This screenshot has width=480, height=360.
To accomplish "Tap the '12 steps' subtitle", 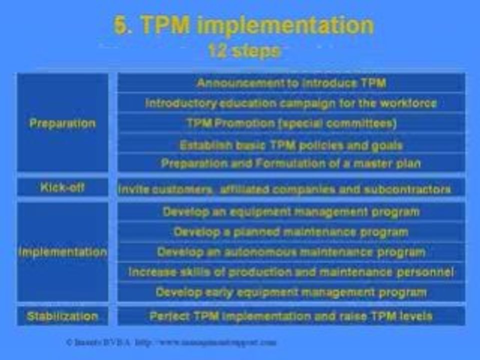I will click(243, 51).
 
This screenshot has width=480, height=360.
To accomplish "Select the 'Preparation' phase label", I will click(62, 123).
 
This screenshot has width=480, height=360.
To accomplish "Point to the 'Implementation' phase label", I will click(62, 251).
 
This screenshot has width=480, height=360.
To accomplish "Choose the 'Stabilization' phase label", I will click(62, 316).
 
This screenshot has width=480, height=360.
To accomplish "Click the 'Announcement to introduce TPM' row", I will click(291, 83).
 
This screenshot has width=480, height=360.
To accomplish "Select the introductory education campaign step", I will click(291, 103).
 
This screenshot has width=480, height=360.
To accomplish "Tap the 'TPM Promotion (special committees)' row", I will click(291, 123).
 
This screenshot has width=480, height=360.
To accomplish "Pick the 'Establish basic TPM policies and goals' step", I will click(291, 145).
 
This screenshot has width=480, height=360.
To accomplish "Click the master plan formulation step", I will click(291, 163).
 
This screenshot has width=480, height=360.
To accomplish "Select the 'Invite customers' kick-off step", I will click(284, 189).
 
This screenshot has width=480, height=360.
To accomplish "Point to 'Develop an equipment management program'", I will click(291, 211).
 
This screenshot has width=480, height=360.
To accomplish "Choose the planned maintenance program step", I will click(291, 232).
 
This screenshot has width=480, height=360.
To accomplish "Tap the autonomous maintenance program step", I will click(291, 252).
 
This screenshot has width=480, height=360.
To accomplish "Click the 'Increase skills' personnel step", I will click(291, 272).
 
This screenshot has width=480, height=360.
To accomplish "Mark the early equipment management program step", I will click(291, 292).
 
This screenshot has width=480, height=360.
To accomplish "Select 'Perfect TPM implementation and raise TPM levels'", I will click(291, 316).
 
